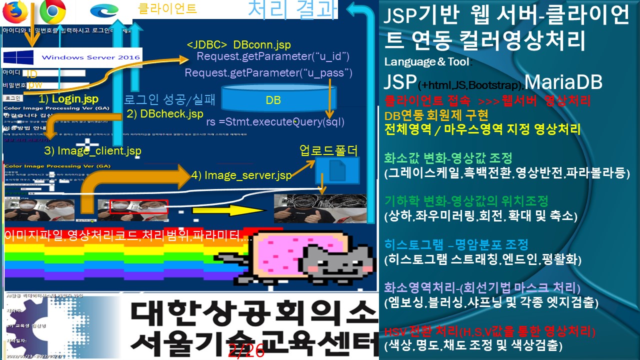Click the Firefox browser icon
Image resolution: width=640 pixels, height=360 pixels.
(x=15, y=12)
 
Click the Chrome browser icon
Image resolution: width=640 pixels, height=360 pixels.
(x=52, y=11)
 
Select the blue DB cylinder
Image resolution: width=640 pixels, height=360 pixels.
(x=273, y=97)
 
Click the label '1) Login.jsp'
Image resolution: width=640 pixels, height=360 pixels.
(x=68, y=98)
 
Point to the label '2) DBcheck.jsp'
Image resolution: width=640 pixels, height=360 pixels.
(x=165, y=114)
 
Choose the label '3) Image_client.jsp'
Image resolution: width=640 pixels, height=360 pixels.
(x=92, y=150)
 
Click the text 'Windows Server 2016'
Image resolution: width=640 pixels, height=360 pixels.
(x=90, y=57)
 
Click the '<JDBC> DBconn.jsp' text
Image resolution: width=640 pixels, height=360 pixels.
(x=238, y=45)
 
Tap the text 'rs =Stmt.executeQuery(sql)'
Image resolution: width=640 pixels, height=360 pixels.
(x=275, y=122)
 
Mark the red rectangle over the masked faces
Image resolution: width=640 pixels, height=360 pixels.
(x=139, y=206)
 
